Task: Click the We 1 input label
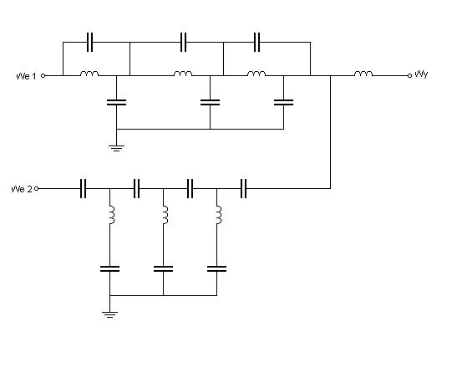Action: click(26, 76)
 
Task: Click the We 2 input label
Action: click(21, 189)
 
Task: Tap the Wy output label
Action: click(421, 74)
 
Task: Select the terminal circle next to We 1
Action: click(43, 76)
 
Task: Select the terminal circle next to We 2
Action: click(37, 189)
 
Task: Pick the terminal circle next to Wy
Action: click(409, 76)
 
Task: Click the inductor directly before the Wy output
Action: click(363, 74)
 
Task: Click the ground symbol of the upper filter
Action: click(116, 148)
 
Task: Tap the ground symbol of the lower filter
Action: click(109, 314)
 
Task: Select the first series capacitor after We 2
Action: click(83, 188)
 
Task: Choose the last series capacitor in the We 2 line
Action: click(243, 188)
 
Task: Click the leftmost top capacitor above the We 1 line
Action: click(90, 42)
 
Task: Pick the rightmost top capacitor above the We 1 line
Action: click(257, 42)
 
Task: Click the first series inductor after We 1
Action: click(89, 74)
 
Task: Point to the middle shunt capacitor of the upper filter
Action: click(210, 102)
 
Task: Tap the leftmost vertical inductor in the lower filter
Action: click(112, 215)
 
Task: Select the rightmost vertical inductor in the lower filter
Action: click(219, 215)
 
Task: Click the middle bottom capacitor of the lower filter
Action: click(163, 268)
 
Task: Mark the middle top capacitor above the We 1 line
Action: click(183, 42)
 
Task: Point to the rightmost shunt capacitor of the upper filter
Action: click(284, 102)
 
